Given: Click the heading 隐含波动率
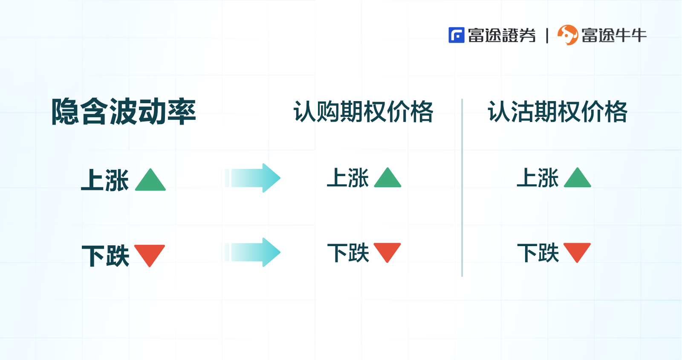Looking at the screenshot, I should (x=124, y=112).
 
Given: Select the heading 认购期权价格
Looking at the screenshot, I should (x=363, y=112).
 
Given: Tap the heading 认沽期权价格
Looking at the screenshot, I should (x=558, y=112).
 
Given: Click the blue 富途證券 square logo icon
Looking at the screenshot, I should (x=456, y=35).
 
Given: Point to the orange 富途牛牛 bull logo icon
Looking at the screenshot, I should (x=568, y=35).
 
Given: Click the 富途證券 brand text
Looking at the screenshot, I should (x=502, y=35).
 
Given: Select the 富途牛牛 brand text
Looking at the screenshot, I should (x=614, y=35).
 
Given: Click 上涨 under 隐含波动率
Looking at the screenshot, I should (x=105, y=180).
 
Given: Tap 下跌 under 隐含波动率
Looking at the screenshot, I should (x=105, y=255).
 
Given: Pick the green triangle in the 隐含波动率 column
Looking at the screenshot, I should (x=150, y=181).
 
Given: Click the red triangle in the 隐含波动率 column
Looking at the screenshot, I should (x=150, y=254).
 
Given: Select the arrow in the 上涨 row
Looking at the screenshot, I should (x=253, y=178).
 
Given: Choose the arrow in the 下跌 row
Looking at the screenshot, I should (x=253, y=252).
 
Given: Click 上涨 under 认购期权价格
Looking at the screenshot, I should (x=348, y=178).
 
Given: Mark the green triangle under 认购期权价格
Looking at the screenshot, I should (x=387, y=179).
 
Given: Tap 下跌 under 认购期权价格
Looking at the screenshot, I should (x=348, y=253).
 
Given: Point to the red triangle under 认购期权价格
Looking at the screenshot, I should (x=387, y=251).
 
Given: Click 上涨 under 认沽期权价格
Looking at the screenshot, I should (x=538, y=178).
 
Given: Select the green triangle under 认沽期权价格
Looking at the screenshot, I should (x=578, y=179).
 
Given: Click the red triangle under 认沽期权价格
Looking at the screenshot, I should (x=577, y=251).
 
